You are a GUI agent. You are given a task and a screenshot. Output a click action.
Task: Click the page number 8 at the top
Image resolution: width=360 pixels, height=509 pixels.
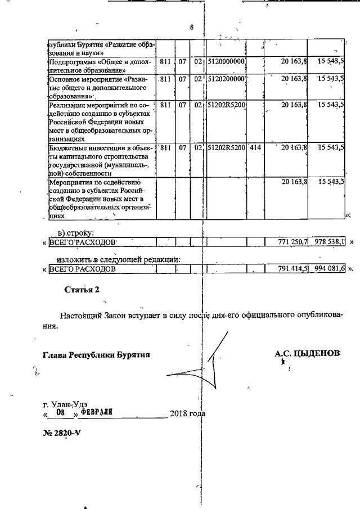192,28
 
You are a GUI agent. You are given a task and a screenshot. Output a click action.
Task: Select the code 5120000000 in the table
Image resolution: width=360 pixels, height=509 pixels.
227,61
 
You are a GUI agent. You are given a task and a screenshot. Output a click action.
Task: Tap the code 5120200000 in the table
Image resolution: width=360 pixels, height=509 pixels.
227,80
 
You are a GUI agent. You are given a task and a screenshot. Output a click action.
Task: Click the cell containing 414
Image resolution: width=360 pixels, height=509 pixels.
255,148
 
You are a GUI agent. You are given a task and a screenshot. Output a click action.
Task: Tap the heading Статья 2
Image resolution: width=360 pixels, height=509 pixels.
82,290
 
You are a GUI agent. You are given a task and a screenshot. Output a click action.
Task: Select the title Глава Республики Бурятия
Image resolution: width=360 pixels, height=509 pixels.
96,355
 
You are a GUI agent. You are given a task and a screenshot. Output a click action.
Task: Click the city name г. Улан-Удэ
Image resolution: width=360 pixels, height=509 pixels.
65,404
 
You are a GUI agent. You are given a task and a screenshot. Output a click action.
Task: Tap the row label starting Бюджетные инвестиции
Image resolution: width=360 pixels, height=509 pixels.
99,160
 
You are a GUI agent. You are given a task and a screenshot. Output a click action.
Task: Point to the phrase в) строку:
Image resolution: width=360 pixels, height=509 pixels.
77,232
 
